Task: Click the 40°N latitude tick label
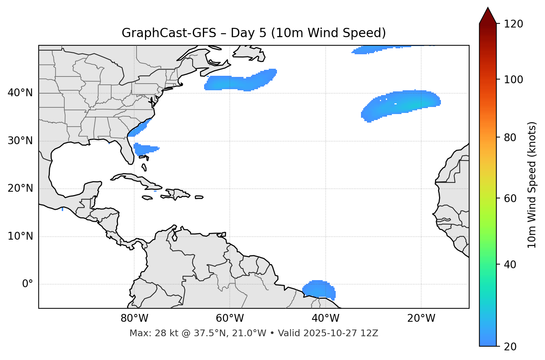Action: coord(20,93)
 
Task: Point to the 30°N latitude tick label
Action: coord(20,141)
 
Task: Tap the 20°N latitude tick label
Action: coord(20,188)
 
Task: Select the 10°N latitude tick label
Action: coord(20,236)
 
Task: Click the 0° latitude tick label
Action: coord(28,284)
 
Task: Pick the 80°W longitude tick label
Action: coord(134,318)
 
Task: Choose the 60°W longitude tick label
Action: coord(230,318)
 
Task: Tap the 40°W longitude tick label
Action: coord(325,318)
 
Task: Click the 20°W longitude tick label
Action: coord(421,318)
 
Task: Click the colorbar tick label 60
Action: coord(510,198)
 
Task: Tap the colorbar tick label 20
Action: coord(510,346)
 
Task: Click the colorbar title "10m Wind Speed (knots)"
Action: coord(532,185)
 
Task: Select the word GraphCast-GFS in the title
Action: coord(169,33)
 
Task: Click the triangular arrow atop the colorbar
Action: coord(488,16)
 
